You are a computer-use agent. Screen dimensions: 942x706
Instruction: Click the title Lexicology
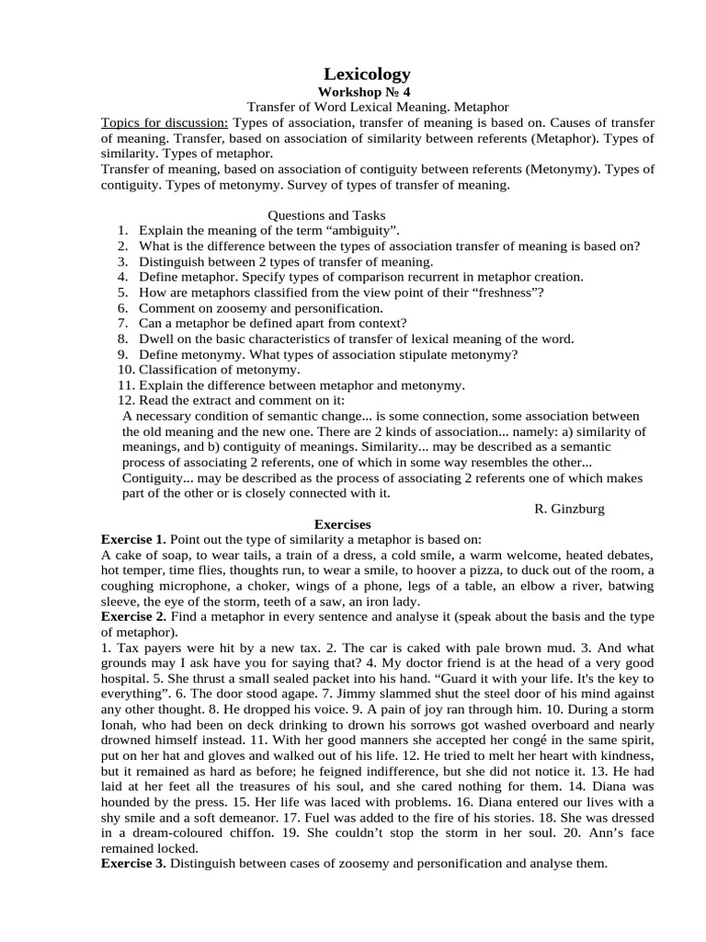tap(367, 75)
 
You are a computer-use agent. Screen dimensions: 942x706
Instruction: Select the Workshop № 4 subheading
tap(366, 93)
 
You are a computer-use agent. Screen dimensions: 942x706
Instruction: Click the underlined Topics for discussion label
tap(165, 123)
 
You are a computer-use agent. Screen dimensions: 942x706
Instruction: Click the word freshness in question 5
tap(503, 293)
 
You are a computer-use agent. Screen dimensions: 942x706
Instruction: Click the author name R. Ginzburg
tap(569, 509)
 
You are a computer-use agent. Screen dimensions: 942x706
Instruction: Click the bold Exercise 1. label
tap(134, 539)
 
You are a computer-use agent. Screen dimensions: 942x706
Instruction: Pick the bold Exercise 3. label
tap(134, 864)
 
